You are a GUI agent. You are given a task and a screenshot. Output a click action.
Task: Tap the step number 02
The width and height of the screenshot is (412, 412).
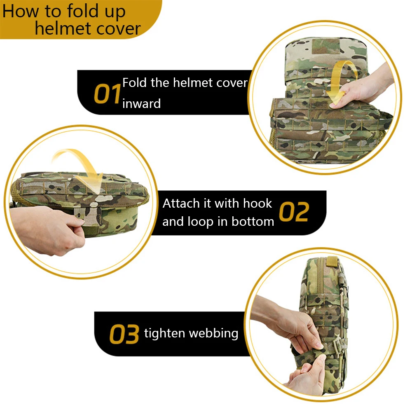pos(294,212)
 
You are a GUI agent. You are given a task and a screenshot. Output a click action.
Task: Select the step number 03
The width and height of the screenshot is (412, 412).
pos(124,334)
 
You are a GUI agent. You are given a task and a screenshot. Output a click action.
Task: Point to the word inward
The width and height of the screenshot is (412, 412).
pos(141,103)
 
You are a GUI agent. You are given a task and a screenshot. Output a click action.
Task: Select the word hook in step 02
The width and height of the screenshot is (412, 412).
pos(257,203)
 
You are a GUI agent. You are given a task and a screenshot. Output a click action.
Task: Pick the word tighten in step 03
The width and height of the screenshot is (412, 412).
pos(164,333)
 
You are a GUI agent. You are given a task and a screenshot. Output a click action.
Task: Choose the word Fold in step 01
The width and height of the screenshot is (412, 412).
pos(135,83)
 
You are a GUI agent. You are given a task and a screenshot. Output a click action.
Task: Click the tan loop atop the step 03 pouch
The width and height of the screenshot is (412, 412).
pos(332,261)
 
